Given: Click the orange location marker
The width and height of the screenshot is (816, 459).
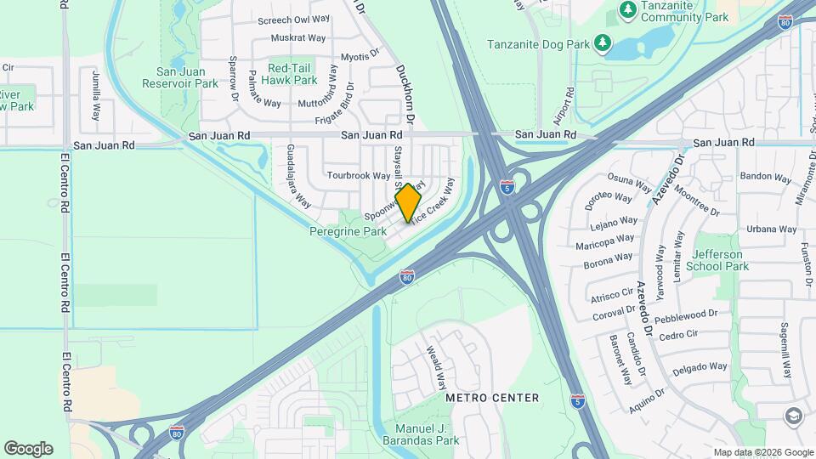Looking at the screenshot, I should click(408, 201).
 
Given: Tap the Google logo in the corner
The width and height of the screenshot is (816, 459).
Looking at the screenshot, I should click(28, 448).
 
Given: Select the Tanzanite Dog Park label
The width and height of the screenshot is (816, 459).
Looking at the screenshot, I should click(538, 43).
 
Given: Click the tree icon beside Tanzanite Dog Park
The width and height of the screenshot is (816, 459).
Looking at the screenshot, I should click(603, 42).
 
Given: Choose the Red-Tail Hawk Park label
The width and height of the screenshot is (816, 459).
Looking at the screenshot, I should click(292, 74).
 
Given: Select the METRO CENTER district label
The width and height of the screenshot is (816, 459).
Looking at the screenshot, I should click(492, 398).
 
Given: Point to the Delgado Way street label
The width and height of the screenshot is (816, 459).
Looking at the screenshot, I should click(700, 368).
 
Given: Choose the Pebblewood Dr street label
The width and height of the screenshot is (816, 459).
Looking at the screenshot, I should click(687, 314).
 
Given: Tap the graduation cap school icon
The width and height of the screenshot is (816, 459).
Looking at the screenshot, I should click(793, 416).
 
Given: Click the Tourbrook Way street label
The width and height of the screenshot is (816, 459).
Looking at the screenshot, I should click(358, 176).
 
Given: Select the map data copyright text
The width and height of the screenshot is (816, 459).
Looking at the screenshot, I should click(762, 452).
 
